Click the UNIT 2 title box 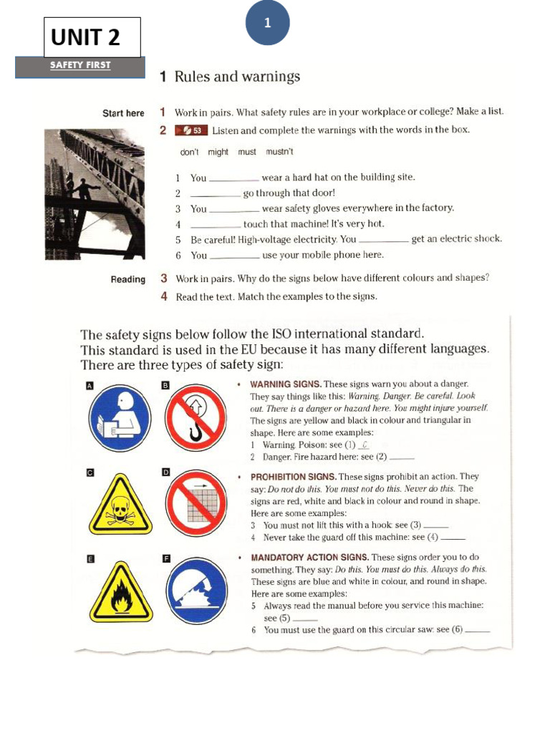[x=92, y=37]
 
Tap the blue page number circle [x=267, y=23]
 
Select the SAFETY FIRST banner [x=80, y=66]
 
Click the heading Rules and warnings [x=237, y=77]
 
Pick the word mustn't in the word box [x=279, y=152]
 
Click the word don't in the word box [x=190, y=152]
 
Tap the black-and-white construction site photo [x=95, y=193]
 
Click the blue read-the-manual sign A [x=120, y=419]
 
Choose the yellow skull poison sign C [x=120, y=505]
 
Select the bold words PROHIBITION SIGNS [x=293, y=477]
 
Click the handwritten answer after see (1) [x=365, y=445]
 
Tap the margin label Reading [x=128, y=280]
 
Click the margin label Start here [x=123, y=113]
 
